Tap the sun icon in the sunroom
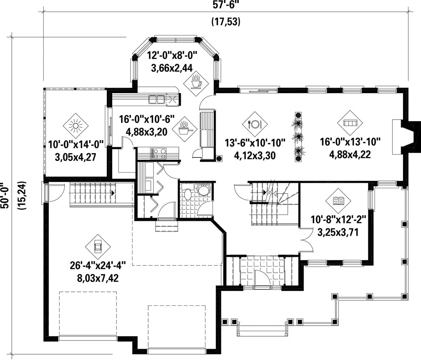click(76, 125)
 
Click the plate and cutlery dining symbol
click(255, 124)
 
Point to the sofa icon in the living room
click(350, 123)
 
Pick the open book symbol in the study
click(338, 200)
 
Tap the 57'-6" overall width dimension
click(226, 5)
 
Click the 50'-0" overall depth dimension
click(5, 196)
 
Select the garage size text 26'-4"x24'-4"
click(98, 266)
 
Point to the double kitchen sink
click(157, 99)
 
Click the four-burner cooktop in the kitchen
click(158, 153)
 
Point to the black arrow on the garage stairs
click(113, 193)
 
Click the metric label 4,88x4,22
click(350, 155)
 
